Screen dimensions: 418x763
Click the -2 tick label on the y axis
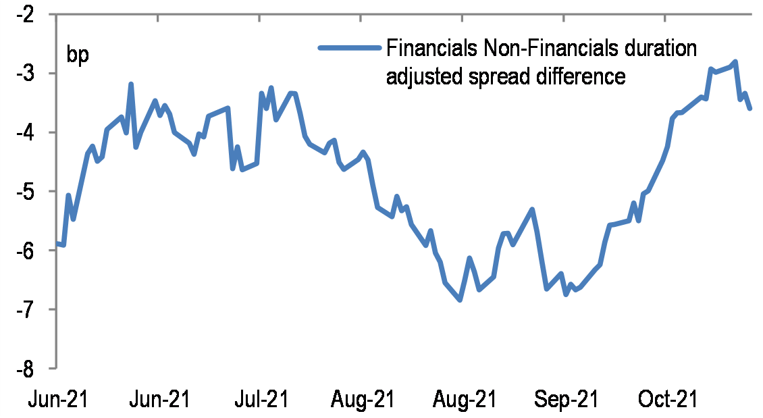[x=32, y=15]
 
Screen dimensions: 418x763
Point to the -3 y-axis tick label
[x=32, y=74]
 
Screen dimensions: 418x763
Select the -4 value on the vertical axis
[x=32, y=133]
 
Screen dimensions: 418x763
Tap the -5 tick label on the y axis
[x=32, y=192]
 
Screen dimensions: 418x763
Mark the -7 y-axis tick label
[x=32, y=310]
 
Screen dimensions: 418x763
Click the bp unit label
[x=77, y=54]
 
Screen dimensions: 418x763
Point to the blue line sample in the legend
[x=348, y=48]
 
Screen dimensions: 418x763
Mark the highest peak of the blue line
[x=735, y=61]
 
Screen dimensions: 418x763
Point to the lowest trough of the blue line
[x=460, y=300]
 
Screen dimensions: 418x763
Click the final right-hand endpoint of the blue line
[x=750, y=108]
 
